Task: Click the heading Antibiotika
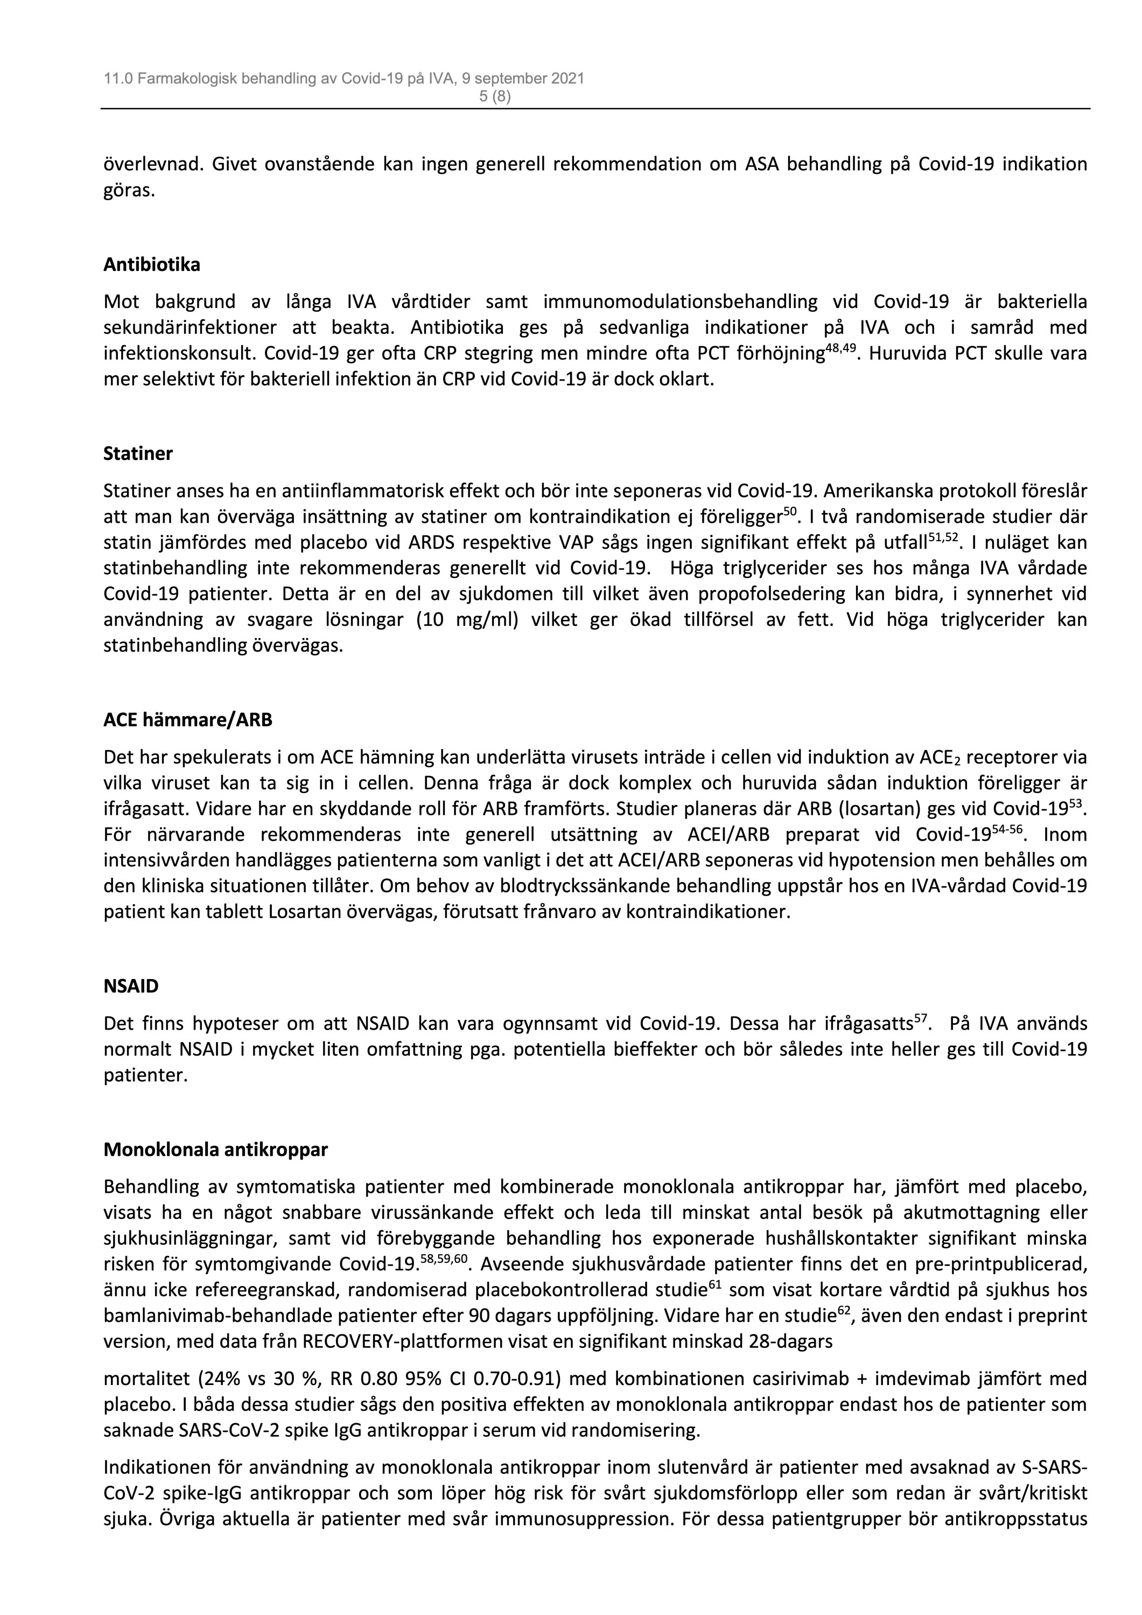click(151, 264)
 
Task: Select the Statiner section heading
click(138, 453)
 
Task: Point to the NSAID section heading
click(131, 986)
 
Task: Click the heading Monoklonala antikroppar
click(215, 1149)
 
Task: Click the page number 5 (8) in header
click(495, 97)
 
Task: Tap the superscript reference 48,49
click(840, 347)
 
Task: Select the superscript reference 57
click(922, 1017)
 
